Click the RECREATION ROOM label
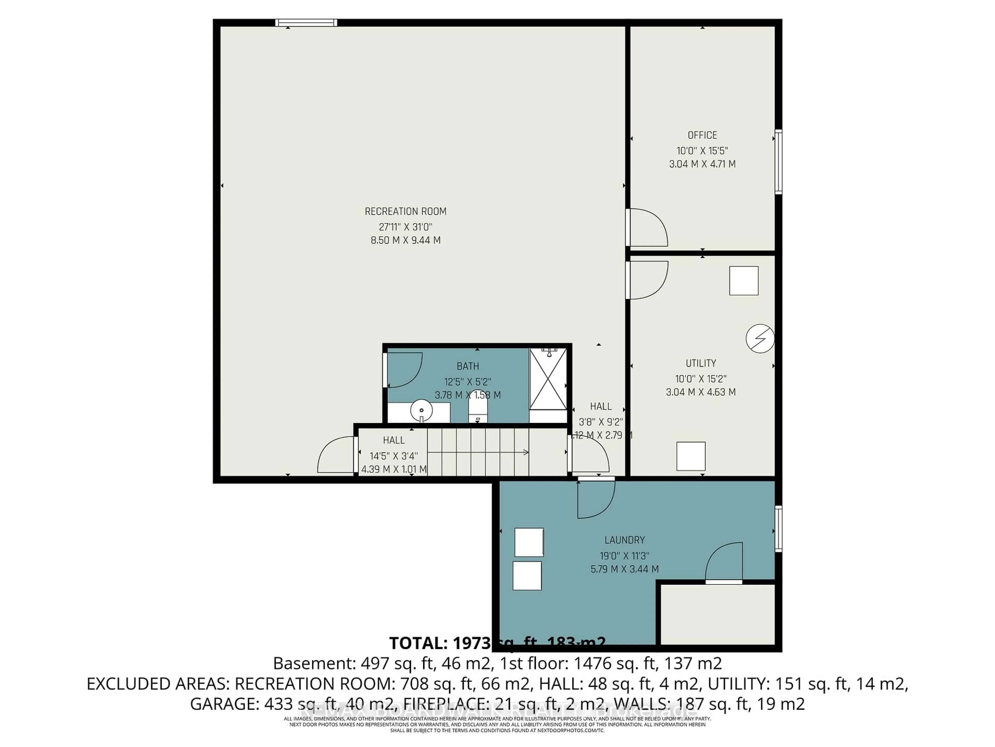[405, 211]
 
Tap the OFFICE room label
[702, 135]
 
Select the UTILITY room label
[701, 363]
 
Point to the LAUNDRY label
[624, 540]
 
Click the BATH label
[467, 366]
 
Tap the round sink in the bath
[422, 411]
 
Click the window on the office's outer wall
[778, 162]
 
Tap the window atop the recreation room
[306, 23]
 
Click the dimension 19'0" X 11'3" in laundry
[624, 556]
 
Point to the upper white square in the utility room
[744, 281]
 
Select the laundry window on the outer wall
[778, 529]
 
